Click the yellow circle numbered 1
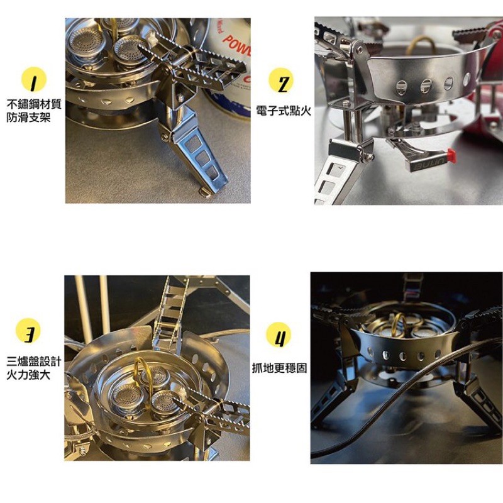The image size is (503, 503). tap(34, 80)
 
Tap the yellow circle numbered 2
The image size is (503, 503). tap(280, 80)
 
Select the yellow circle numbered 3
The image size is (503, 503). tap(28, 331)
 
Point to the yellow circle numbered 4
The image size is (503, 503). tap(279, 334)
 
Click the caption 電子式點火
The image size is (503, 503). tap(284, 111)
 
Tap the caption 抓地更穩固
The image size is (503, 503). tap(279, 368)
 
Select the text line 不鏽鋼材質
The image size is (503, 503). tap(34, 104)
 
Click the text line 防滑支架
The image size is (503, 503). tap(28, 118)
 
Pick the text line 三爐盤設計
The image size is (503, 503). tap(34, 362)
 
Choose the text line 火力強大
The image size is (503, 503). tap(28, 375)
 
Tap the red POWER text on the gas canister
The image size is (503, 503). tap(237, 45)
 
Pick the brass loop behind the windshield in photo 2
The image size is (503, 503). tap(421, 44)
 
